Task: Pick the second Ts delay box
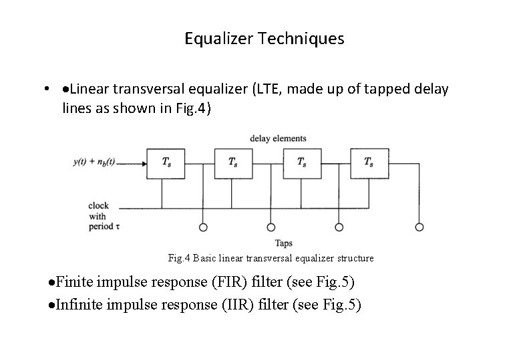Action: pyautogui.click(x=232, y=163)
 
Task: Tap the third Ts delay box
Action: pyautogui.click(x=301, y=163)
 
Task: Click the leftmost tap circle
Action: pyautogui.click(x=203, y=227)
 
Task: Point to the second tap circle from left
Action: pyautogui.click(x=271, y=227)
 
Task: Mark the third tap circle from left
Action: pyautogui.click(x=339, y=227)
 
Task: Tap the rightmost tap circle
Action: pyautogui.click(x=419, y=227)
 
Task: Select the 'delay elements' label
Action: pyautogui.click(x=278, y=138)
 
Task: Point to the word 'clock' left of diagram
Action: pyautogui.click(x=98, y=205)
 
